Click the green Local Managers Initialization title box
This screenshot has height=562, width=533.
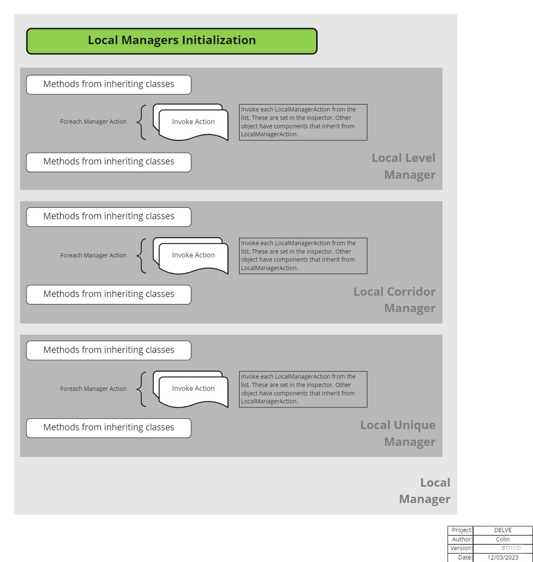(172, 41)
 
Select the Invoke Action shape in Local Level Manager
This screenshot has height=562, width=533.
(190, 122)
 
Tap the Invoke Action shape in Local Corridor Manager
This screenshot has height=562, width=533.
(190, 255)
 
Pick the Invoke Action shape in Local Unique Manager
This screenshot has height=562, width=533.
(190, 389)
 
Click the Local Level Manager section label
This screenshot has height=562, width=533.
(403, 166)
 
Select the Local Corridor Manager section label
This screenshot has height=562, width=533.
(395, 299)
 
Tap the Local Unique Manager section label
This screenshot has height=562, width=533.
(397, 433)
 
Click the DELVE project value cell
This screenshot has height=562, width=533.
(503, 530)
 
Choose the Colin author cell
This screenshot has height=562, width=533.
(503, 539)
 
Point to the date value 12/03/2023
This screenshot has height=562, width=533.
(503, 557)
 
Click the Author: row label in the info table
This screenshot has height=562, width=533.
(460, 539)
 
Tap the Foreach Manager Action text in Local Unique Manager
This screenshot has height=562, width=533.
(93, 389)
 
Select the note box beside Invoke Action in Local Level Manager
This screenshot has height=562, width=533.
(303, 122)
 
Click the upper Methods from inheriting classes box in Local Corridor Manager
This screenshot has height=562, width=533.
(108, 217)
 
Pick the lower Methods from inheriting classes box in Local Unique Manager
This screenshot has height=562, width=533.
(108, 428)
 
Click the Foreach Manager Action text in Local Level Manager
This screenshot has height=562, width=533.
(93, 122)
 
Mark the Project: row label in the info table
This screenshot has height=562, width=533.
(460, 530)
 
